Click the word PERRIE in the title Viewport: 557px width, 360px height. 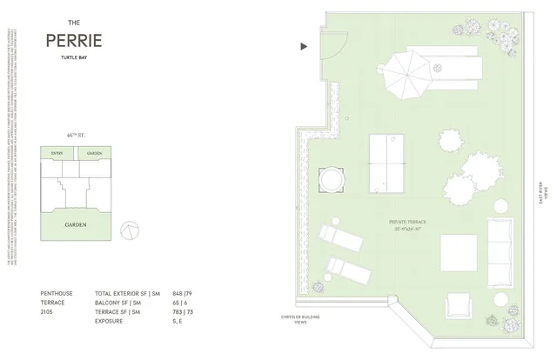point(74,41)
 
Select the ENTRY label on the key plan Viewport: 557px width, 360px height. point(57,153)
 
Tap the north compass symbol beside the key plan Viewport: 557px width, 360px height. point(129,229)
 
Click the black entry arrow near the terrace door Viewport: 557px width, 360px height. point(303,46)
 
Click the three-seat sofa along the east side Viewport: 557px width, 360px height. point(500,253)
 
